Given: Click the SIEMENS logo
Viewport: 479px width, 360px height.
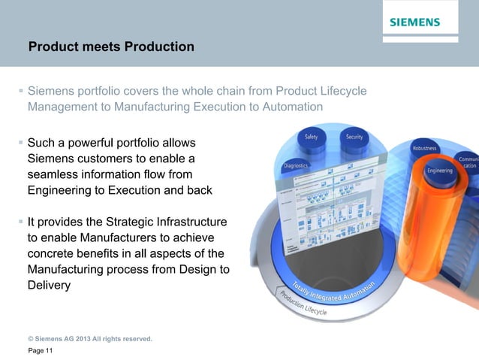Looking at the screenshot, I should pos(414,23).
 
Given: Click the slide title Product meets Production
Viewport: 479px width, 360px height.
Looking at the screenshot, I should pos(111,47).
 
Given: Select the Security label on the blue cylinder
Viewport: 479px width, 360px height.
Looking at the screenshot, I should pos(354,137).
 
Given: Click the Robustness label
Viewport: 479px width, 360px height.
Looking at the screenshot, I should pos(424,148).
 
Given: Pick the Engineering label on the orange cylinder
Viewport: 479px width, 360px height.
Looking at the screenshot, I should pos(439,171).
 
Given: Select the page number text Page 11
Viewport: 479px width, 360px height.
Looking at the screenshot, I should pos(41,352).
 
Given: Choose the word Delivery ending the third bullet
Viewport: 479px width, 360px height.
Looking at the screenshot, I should pos(50,286).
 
